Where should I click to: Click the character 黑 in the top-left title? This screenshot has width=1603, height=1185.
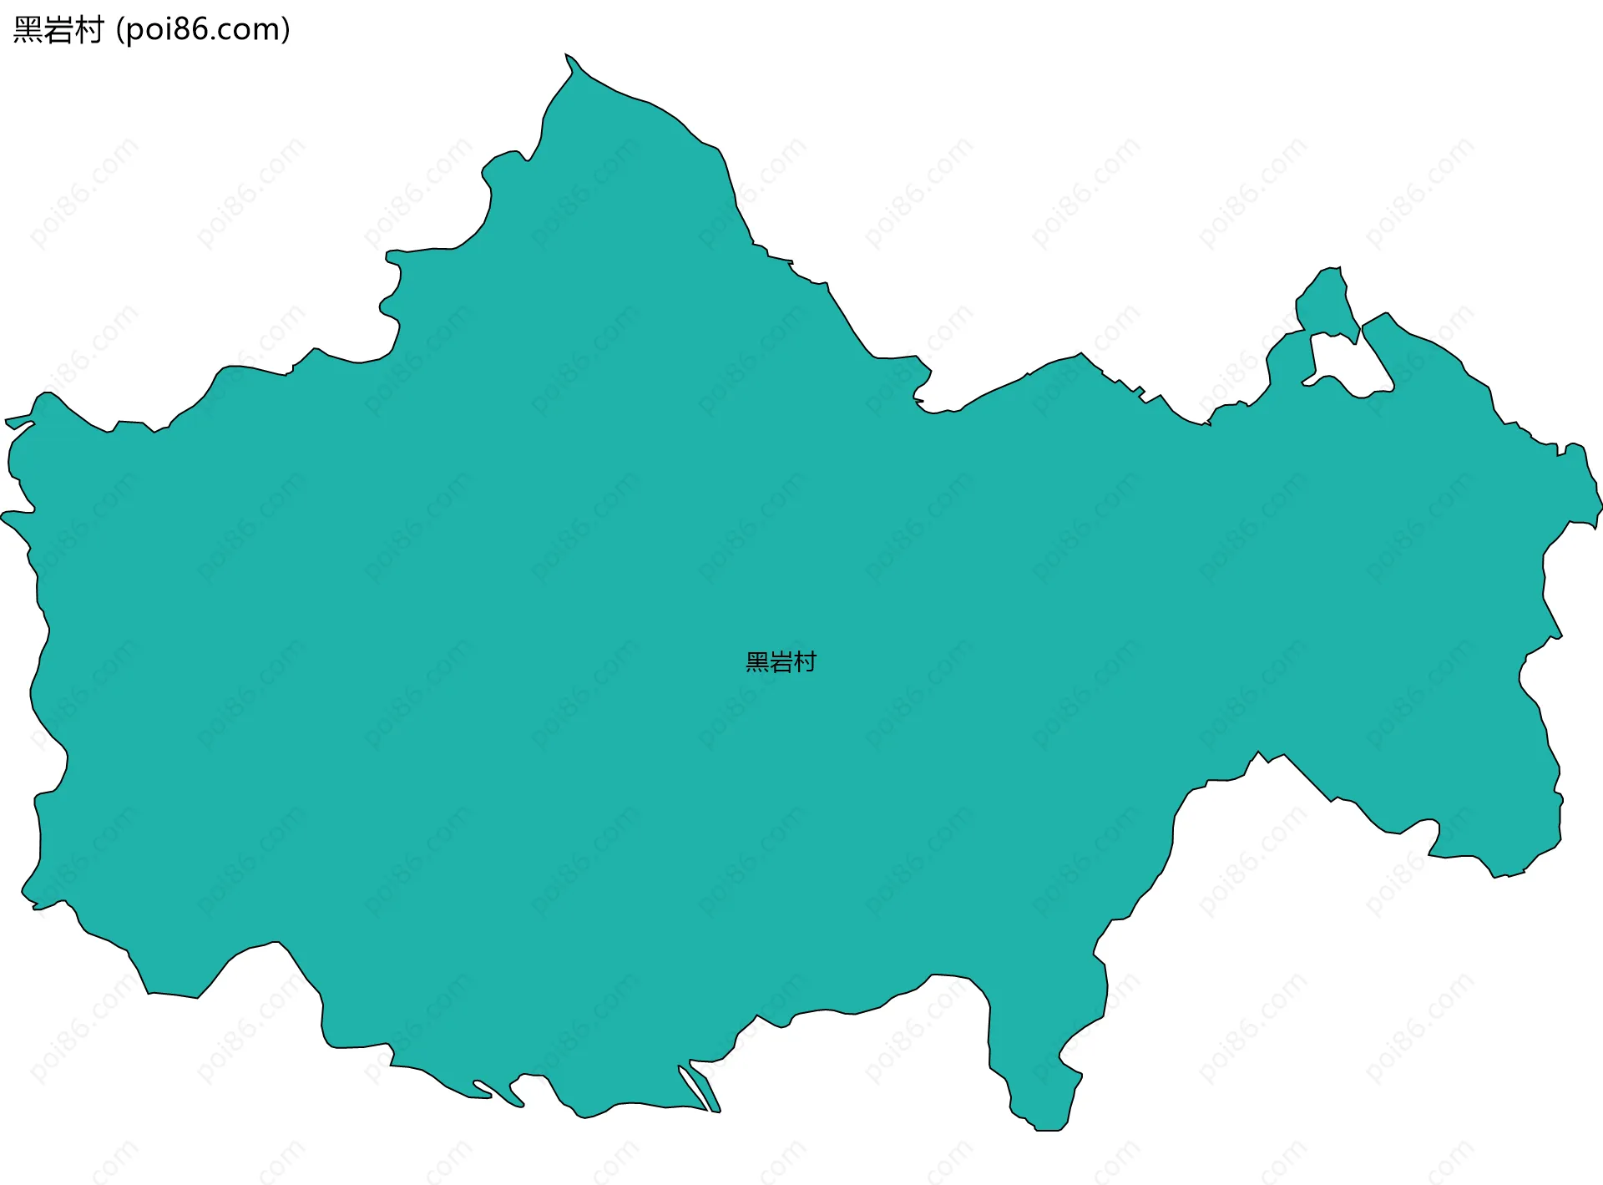(28, 30)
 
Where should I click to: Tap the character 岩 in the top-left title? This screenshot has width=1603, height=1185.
(58, 30)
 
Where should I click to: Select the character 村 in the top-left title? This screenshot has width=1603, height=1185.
(88, 30)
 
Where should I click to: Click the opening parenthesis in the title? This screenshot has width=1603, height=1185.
(120, 30)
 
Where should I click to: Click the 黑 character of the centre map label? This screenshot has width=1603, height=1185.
(757, 662)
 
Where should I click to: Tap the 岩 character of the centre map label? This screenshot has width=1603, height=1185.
(781, 662)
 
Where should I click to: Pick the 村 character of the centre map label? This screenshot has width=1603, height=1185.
(805, 662)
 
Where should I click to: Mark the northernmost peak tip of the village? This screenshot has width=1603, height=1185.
(567, 56)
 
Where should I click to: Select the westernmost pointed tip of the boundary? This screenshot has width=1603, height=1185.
(3, 515)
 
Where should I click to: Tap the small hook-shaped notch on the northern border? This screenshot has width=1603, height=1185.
(918, 400)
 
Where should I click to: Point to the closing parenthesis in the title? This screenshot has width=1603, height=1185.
(286, 30)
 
